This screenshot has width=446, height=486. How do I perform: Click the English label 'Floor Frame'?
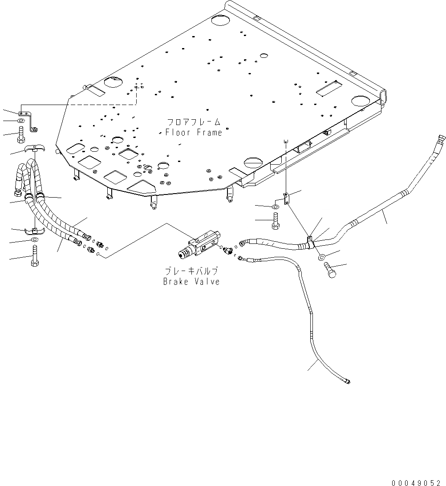(194, 132)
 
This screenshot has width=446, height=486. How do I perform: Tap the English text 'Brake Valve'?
(191, 282)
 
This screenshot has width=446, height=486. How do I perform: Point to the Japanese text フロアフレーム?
(194, 122)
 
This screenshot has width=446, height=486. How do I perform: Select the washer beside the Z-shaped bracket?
(20, 121)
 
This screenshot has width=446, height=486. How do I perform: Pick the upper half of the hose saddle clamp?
(34, 148)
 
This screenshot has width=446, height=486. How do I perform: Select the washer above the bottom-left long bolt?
(35, 241)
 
